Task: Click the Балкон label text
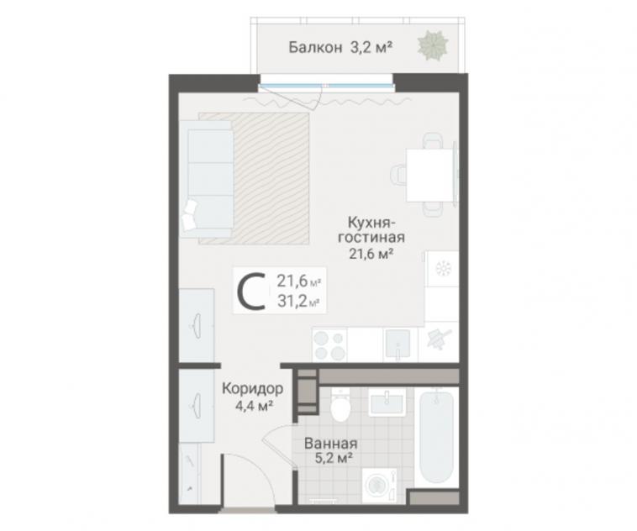[x=315, y=48]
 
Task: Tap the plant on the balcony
[x=433, y=45]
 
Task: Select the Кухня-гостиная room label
[x=371, y=230]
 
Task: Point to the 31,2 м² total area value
[x=297, y=302]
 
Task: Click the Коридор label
[x=253, y=389]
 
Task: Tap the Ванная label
[x=331, y=444]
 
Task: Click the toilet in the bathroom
[x=340, y=405]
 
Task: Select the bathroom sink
[x=387, y=402]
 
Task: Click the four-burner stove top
[x=329, y=345]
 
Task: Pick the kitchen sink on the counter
[x=398, y=344]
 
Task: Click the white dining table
[x=429, y=175]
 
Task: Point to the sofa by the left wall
[x=207, y=178]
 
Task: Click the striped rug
[x=254, y=178]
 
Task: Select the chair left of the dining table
[x=398, y=175]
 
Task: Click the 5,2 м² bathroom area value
[x=333, y=458]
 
